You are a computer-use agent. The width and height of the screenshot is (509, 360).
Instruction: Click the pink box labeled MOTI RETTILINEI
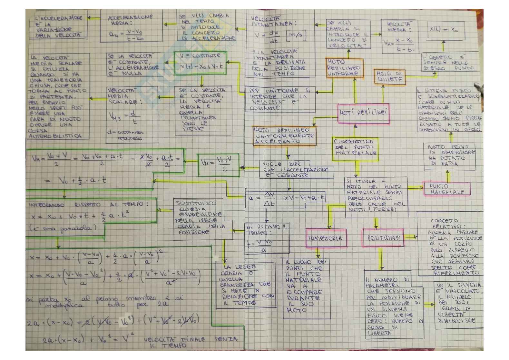(363, 113)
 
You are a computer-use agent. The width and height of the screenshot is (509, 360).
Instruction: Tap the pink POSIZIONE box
(384, 238)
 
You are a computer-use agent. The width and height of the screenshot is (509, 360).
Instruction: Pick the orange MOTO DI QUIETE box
(389, 76)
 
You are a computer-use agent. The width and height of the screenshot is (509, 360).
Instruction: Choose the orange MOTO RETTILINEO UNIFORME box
(344, 68)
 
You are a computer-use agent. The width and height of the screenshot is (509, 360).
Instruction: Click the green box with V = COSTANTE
(200, 63)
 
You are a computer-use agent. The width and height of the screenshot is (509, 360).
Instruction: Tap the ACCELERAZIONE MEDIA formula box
(130, 27)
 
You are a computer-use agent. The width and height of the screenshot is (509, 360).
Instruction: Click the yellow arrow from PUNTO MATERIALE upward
(448, 176)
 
